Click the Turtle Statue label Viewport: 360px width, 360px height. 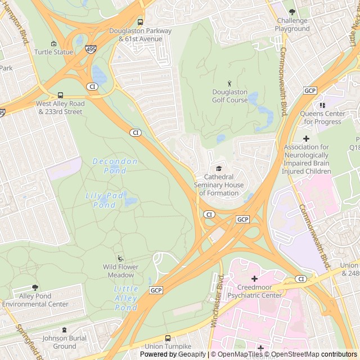click(53, 52)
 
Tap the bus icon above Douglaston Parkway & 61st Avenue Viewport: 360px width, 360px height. click(140, 22)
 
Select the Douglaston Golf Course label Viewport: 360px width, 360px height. click(229, 96)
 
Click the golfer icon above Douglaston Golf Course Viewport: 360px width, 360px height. click(229, 83)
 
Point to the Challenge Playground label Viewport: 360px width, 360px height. click(292, 25)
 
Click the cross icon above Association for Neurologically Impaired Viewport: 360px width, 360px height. click(306, 138)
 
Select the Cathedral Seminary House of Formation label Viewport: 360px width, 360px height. click(219, 184)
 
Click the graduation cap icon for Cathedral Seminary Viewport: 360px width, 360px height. click(219, 168)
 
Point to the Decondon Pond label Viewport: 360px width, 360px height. click(115, 166)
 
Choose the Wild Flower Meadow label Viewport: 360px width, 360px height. click(121, 271)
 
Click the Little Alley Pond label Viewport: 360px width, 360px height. click(125, 298)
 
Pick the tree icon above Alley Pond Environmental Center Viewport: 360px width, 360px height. click(35, 287)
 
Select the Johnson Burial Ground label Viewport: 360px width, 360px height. click(64, 342)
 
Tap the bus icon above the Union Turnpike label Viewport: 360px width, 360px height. click(168, 338)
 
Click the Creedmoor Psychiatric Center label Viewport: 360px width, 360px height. click(254, 291)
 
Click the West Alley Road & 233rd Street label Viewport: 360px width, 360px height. click(60, 107)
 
